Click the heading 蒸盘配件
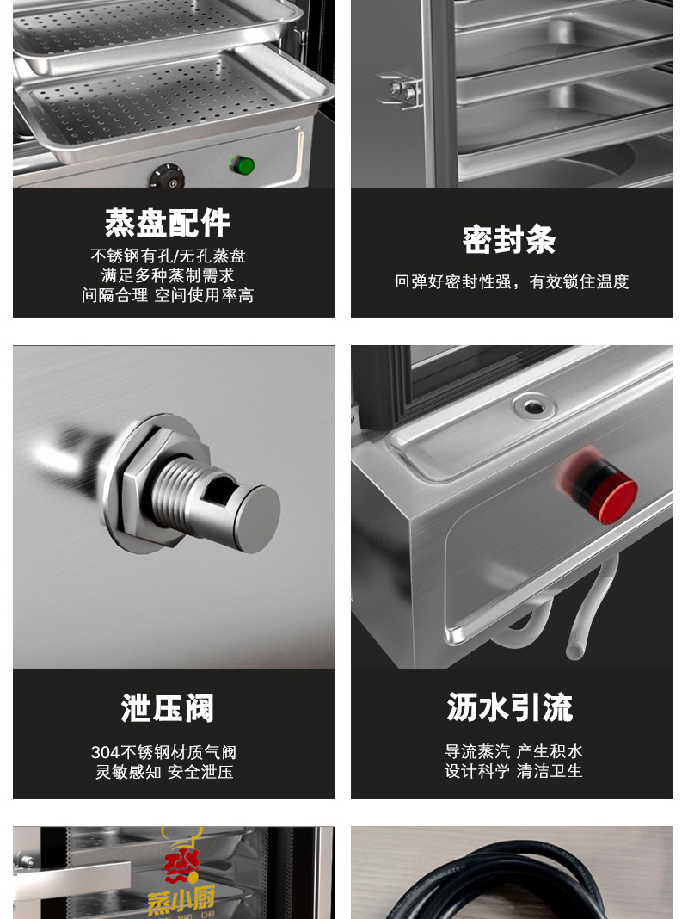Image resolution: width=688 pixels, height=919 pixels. click(x=168, y=224)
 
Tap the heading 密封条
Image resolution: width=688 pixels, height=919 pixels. click(x=509, y=240)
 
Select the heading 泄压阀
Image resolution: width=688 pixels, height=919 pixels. click(x=168, y=708)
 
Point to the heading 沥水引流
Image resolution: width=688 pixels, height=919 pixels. click(x=509, y=706)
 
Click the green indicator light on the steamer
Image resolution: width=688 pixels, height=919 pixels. click(x=242, y=165)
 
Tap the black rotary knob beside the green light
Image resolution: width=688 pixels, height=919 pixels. click(x=167, y=176)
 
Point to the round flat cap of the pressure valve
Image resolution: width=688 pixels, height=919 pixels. click(x=256, y=519)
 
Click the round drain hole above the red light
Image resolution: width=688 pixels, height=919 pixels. click(x=533, y=405)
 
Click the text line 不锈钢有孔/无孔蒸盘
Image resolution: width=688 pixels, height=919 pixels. click(x=168, y=256)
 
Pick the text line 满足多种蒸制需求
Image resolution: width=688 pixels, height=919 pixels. click(x=168, y=274)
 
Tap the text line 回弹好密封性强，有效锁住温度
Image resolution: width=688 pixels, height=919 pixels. click(x=512, y=282)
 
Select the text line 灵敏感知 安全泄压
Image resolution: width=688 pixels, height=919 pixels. click(x=164, y=772)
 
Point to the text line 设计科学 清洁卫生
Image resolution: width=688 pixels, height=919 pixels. click(x=513, y=771)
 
